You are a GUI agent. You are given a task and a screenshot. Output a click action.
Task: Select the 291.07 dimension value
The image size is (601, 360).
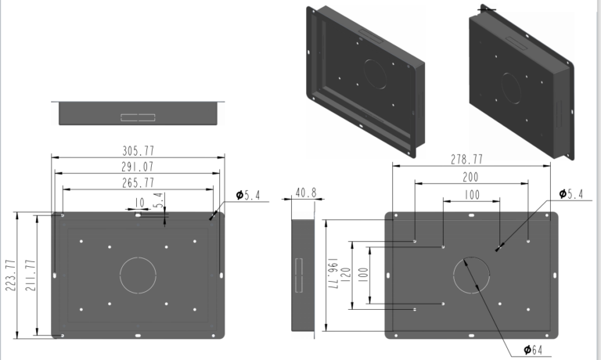pyautogui.click(x=138, y=166)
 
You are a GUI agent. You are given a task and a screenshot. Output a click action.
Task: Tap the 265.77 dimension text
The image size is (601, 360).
pyautogui.click(x=138, y=182)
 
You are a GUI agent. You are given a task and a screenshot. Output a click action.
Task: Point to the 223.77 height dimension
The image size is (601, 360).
pyautogui.click(x=10, y=275)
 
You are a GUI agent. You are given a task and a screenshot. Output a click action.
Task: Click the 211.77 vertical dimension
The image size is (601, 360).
pyautogui.click(x=30, y=275)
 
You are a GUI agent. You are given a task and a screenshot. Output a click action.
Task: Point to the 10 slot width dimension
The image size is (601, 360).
pyautogui.click(x=139, y=203)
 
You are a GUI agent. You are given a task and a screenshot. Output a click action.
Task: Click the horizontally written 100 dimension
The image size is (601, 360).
pyautogui.click(x=470, y=193)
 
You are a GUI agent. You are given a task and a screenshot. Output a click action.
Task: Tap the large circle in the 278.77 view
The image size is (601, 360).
pyautogui.click(x=472, y=275)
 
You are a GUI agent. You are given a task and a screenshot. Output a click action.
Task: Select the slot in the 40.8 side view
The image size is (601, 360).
pyautogui.click(x=297, y=275)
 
